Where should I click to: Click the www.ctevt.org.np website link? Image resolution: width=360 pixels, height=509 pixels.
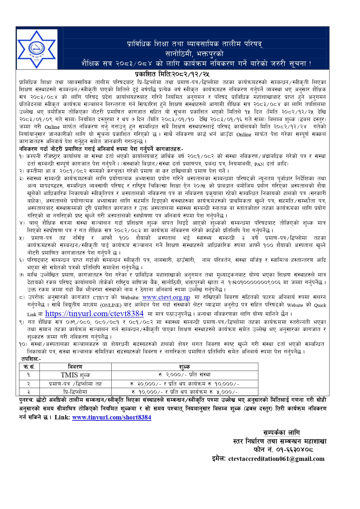166,297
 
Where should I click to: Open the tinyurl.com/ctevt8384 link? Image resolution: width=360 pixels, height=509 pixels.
94,314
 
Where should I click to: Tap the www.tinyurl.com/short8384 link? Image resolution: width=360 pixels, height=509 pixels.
112,417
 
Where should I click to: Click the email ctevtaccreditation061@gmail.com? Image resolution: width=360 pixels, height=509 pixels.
276,459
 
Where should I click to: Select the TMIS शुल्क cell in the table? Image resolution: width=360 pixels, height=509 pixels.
75,375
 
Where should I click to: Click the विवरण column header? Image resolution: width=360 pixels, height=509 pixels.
75,367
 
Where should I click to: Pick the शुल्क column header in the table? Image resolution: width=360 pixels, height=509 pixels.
184,367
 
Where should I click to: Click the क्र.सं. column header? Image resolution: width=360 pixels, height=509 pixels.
29,367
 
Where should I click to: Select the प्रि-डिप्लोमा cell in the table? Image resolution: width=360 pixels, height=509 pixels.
75,392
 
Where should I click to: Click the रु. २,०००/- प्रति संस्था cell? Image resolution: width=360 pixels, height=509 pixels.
184,375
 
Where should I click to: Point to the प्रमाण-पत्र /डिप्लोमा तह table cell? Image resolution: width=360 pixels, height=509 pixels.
75,384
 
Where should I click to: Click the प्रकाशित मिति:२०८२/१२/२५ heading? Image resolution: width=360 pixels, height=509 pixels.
172,74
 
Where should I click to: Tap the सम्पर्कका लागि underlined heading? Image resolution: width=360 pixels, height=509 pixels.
281,433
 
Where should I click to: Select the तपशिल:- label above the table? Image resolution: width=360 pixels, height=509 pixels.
31,359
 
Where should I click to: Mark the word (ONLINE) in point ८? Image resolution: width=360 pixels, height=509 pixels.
111,305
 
